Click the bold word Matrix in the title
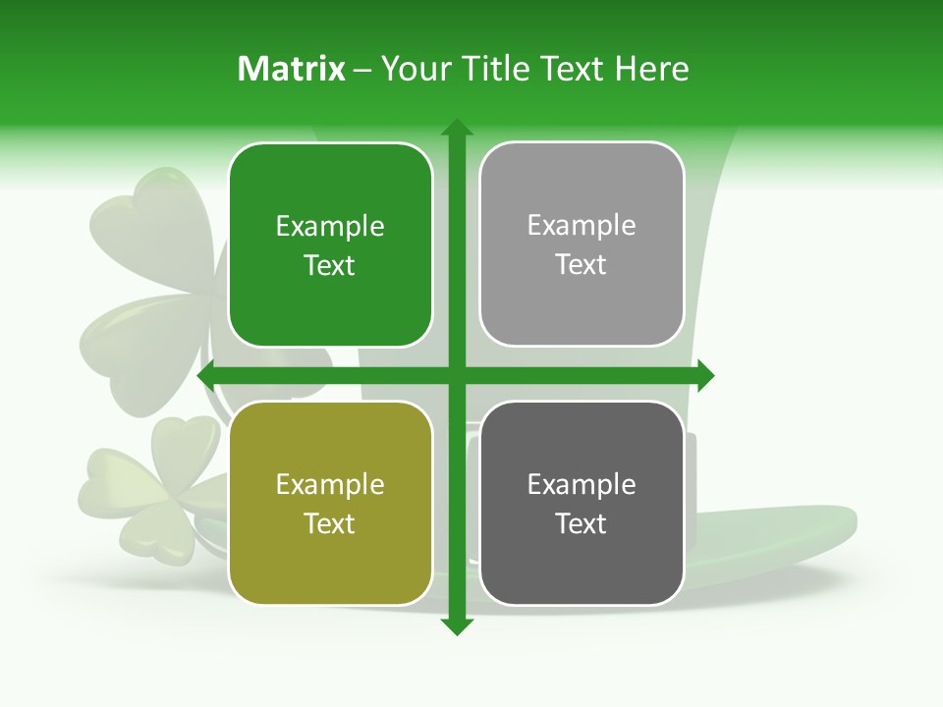(x=292, y=69)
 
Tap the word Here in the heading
(x=652, y=69)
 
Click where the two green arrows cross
(x=456, y=375)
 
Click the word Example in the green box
(x=330, y=227)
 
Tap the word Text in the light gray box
(x=582, y=264)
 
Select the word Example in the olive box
(x=330, y=485)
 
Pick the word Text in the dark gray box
(x=582, y=523)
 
